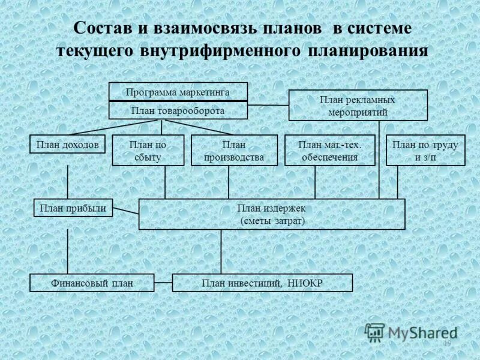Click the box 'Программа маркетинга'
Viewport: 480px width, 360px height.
[x=178, y=92]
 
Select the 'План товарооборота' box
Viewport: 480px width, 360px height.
[x=178, y=111]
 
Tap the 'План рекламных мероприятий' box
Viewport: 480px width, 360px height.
[x=358, y=106]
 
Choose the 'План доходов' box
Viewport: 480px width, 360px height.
[x=67, y=145]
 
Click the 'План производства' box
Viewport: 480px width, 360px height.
[x=234, y=151]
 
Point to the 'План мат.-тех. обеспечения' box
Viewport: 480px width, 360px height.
[x=329, y=151]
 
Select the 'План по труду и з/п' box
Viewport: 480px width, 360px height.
[x=425, y=151]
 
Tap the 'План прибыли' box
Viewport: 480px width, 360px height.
[x=73, y=208]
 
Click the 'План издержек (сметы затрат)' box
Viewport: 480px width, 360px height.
[x=272, y=214]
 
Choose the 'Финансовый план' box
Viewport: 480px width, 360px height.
[x=92, y=283]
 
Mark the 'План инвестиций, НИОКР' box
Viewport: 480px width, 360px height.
[x=262, y=283]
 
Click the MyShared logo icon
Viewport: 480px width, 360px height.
[x=375, y=332]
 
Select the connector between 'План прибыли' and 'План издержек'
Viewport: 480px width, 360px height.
[x=126, y=211]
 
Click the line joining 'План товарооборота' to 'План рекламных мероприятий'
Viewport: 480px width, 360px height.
[x=268, y=106]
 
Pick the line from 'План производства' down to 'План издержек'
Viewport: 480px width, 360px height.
[x=228, y=182]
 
